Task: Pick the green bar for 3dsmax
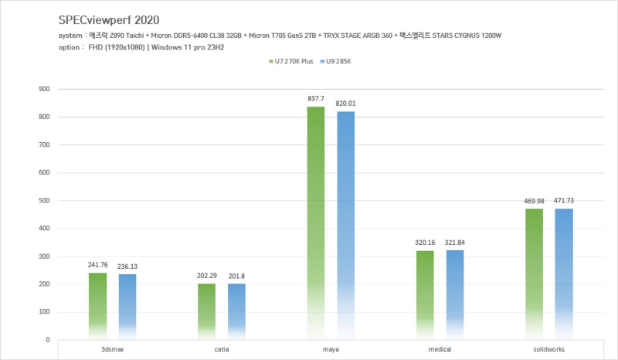pos(97,306)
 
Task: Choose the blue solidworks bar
pos(563,274)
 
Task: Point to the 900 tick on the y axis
pos(44,89)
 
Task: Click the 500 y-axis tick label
pos(44,201)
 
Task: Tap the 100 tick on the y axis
pos(44,312)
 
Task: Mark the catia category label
pos(222,349)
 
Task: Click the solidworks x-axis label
pos(549,349)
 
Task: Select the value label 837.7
pos(316,99)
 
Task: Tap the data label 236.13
pos(127,267)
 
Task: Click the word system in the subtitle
pos(71,37)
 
